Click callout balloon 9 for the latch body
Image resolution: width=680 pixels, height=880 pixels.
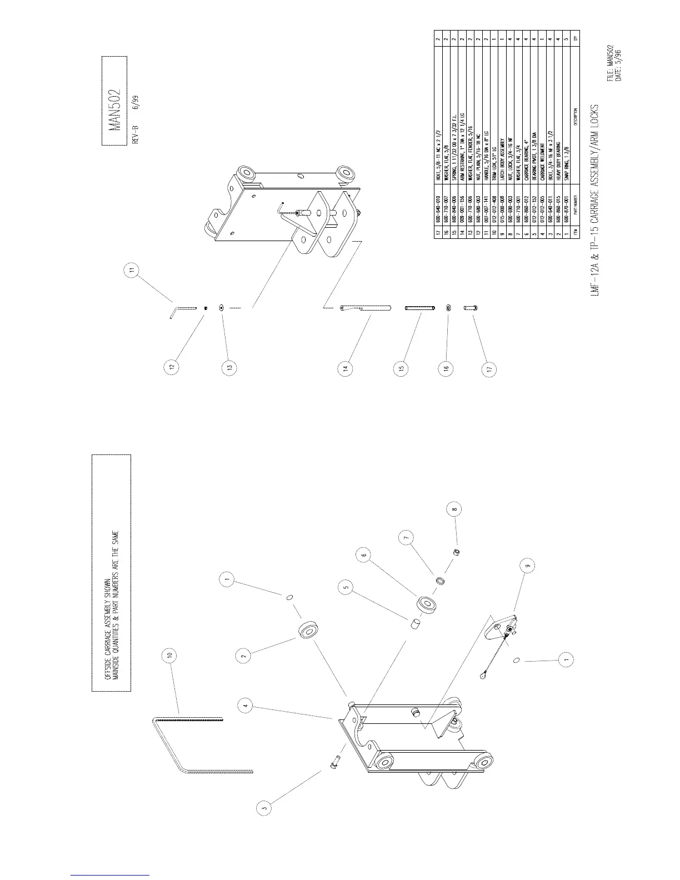click(529, 566)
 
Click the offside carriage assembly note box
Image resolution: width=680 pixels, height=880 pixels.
click(111, 573)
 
